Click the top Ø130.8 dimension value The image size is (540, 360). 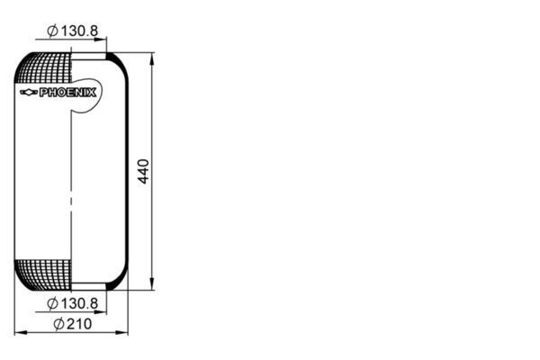tap(72, 31)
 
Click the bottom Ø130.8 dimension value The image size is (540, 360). tap(72, 303)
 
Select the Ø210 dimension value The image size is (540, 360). tap(73, 324)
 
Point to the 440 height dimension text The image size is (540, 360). tap(143, 171)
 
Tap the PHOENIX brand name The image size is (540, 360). tap(67, 93)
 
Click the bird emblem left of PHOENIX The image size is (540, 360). tap(28, 93)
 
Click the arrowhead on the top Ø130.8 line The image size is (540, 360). tap(100, 40)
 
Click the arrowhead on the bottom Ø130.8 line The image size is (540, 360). tap(100, 312)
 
